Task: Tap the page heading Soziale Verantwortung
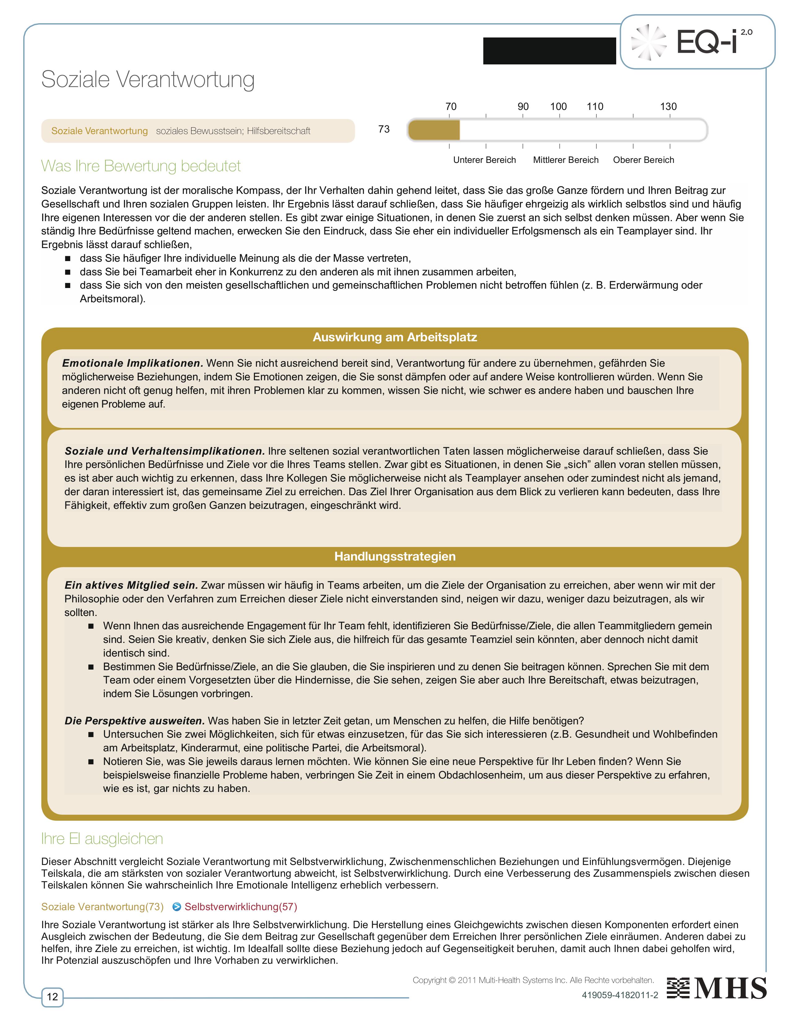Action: pyautogui.click(x=148, y=80)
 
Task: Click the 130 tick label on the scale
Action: pyautogui.click(x=668, y=107)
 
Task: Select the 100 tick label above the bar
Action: pyautogui.click(x=558, y=107)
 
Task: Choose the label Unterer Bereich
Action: pyautogui.click(x=485, y=160)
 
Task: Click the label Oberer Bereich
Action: pyautogui.click(x=643, y=160)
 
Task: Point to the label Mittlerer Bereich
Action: pyautogui.click(x=566, y=160)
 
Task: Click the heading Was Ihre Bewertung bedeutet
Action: pyautogui.click(x=141, y=166)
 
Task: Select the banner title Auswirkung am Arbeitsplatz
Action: pyautogui.click(x=394, y=337)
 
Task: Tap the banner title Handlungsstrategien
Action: pyautogui.click(x=394, y=557)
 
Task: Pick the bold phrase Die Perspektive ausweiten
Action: pyautogui.click(x=135, y=721)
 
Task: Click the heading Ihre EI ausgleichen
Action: pyautogui.click(x=102, y=839)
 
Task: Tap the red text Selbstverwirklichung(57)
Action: pyautogui.click(x=240, y=907)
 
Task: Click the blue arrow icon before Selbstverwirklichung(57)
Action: pyautogui.click(x=177, y=907)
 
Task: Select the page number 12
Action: pyautogui.click(x=52, y=997)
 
